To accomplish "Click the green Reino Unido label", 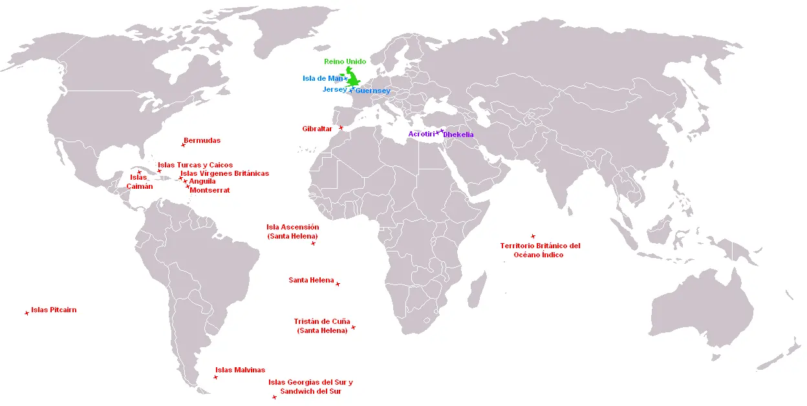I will [x=345, y=61].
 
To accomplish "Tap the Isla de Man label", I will [x=322, y=79].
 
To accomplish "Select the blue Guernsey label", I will [x=372, y=91].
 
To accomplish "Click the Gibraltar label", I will [x=317, y=129].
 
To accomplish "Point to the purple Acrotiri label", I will [x=421, y=134].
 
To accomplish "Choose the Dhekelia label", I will [x=458, y=134].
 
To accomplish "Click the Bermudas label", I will [x=202, y=140].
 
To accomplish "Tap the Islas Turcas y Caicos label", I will [x=195, y=165].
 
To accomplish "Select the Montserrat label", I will [x=210, y=190].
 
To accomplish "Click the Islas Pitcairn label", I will [x=54, y=310].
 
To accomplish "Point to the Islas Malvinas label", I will [x=240, y=370].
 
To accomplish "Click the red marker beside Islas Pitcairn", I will [x=27, y=313].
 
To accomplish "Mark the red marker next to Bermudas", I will [x=183, y=145].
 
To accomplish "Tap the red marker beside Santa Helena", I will [x=338, y=284].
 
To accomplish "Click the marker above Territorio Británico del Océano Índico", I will [x=533, y=237].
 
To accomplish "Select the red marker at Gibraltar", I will [x=341, y=128].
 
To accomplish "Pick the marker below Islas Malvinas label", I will [x=215, y=377].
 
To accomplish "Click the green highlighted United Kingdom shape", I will [x=354, y=79].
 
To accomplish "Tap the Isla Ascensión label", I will [x=292, y=227].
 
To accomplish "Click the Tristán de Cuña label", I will [x=321, y=321].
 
